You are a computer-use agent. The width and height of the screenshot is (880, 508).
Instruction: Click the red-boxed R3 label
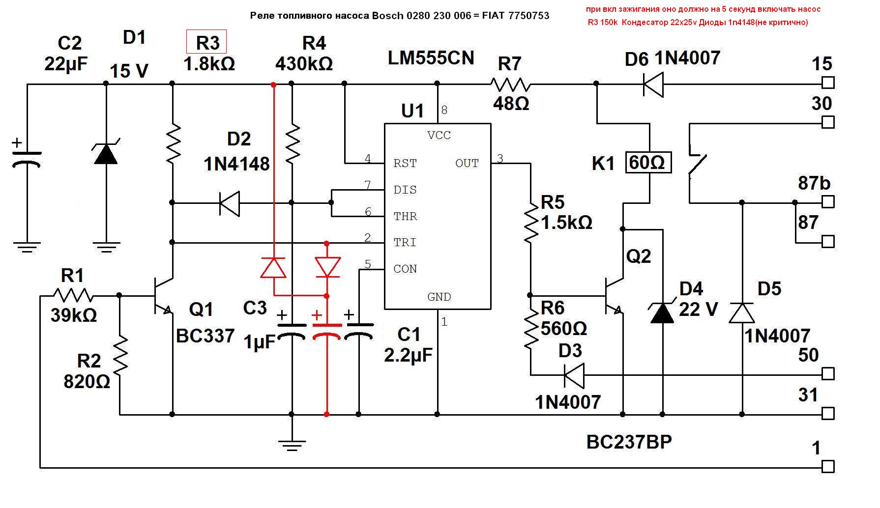tap(206, 42)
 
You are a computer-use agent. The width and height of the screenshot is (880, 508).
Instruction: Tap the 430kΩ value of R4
tap(304, 63)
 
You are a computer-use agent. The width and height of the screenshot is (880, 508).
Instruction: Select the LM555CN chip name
tap(431, 58)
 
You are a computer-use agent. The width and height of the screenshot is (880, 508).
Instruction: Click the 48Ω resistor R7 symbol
tap(510, 85)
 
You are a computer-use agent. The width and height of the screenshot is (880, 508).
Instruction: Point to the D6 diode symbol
tap(653, 85)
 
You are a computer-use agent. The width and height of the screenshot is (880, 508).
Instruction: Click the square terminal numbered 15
tap(828, 82)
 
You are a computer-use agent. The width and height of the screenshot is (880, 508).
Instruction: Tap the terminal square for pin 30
tap(828, 122)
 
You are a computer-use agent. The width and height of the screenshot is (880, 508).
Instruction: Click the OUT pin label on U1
tap(467, 164)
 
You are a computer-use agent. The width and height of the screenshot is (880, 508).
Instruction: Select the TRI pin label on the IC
tap(405, 243)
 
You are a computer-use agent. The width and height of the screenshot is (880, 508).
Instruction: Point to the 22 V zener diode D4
tap(662, 312)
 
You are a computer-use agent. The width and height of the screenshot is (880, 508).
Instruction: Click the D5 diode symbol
tap(741, 312)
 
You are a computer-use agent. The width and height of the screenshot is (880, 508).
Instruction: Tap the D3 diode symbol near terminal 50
tap(573, 375)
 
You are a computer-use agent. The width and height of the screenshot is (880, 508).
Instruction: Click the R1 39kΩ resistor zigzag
tap(73, 296)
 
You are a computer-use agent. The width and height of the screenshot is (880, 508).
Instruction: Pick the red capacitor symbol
tap(327, 330)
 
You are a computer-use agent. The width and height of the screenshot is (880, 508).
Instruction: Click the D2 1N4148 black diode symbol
tap(229, 202)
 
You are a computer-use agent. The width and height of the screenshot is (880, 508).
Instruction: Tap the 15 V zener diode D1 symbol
tap(106, 154)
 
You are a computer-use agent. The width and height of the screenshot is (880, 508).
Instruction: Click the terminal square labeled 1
tap(828, 466)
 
